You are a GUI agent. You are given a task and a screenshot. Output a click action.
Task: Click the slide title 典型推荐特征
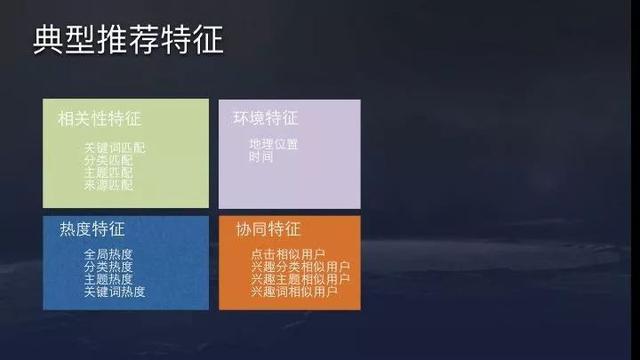point(128,41)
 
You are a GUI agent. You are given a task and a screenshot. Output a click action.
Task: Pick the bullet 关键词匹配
point(115,148)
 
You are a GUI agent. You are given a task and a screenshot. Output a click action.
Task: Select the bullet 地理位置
point(273,144)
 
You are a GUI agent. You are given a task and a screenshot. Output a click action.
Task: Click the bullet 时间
point(261,157)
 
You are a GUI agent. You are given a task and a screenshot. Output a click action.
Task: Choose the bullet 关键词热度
point(115,292)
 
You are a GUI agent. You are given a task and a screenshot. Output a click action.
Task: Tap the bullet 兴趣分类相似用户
point(300,268)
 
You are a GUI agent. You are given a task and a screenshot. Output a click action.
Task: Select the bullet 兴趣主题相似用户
point(300,280)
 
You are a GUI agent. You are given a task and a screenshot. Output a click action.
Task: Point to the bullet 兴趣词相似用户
point(295,292)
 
